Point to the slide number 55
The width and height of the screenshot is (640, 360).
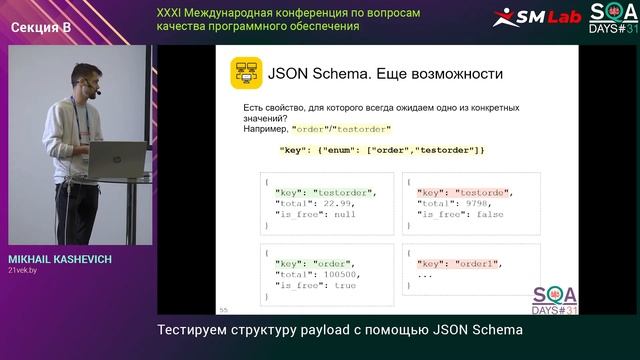pyautogui.click(x=223, y=309)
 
